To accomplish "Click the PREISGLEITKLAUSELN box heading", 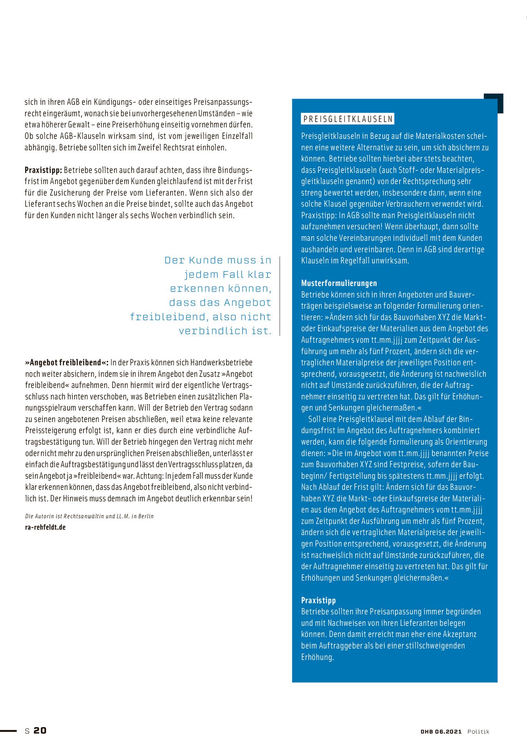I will (x=348, y=119).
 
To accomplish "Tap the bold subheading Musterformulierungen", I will (x=339, y=283).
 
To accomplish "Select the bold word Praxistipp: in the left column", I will (x=43, y=170).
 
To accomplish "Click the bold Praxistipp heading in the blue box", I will (x=318, y=600).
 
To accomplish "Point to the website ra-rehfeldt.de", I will (x=45, y=527).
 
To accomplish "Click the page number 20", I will (x=40, y=730).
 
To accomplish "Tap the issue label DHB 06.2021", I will (x=441, y=731).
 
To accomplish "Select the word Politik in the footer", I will (x=478, y=731).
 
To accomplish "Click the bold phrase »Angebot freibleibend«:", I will (x=67, y=362).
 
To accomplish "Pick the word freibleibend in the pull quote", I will (x=168, y=317).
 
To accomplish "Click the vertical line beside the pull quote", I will (x=280, y=296).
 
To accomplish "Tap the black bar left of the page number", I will (x=8, y=731).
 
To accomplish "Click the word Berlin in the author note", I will (x=146, y=516).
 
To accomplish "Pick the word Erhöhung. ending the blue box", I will (x=318, y=657).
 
